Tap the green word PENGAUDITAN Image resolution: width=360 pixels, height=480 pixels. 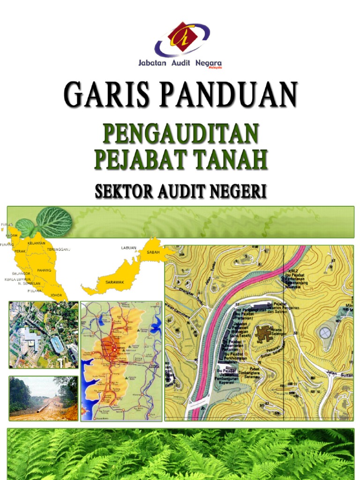(x=180, y=134)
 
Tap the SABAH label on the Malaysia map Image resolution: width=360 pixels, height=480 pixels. (x=153, y=252)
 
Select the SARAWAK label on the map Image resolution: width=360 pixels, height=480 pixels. (x=113, y=282)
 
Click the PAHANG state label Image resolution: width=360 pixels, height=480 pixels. (x=44, y=270)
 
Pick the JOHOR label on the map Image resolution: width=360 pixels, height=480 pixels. (x=56, y=295)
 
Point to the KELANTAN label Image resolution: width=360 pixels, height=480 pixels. (x=37, y=243)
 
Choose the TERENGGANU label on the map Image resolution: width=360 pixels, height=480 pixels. (x=58, y=250)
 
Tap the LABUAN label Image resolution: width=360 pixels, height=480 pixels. (x=128, y=247)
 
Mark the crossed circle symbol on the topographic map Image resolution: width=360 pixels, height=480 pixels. (x=324, y=333)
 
